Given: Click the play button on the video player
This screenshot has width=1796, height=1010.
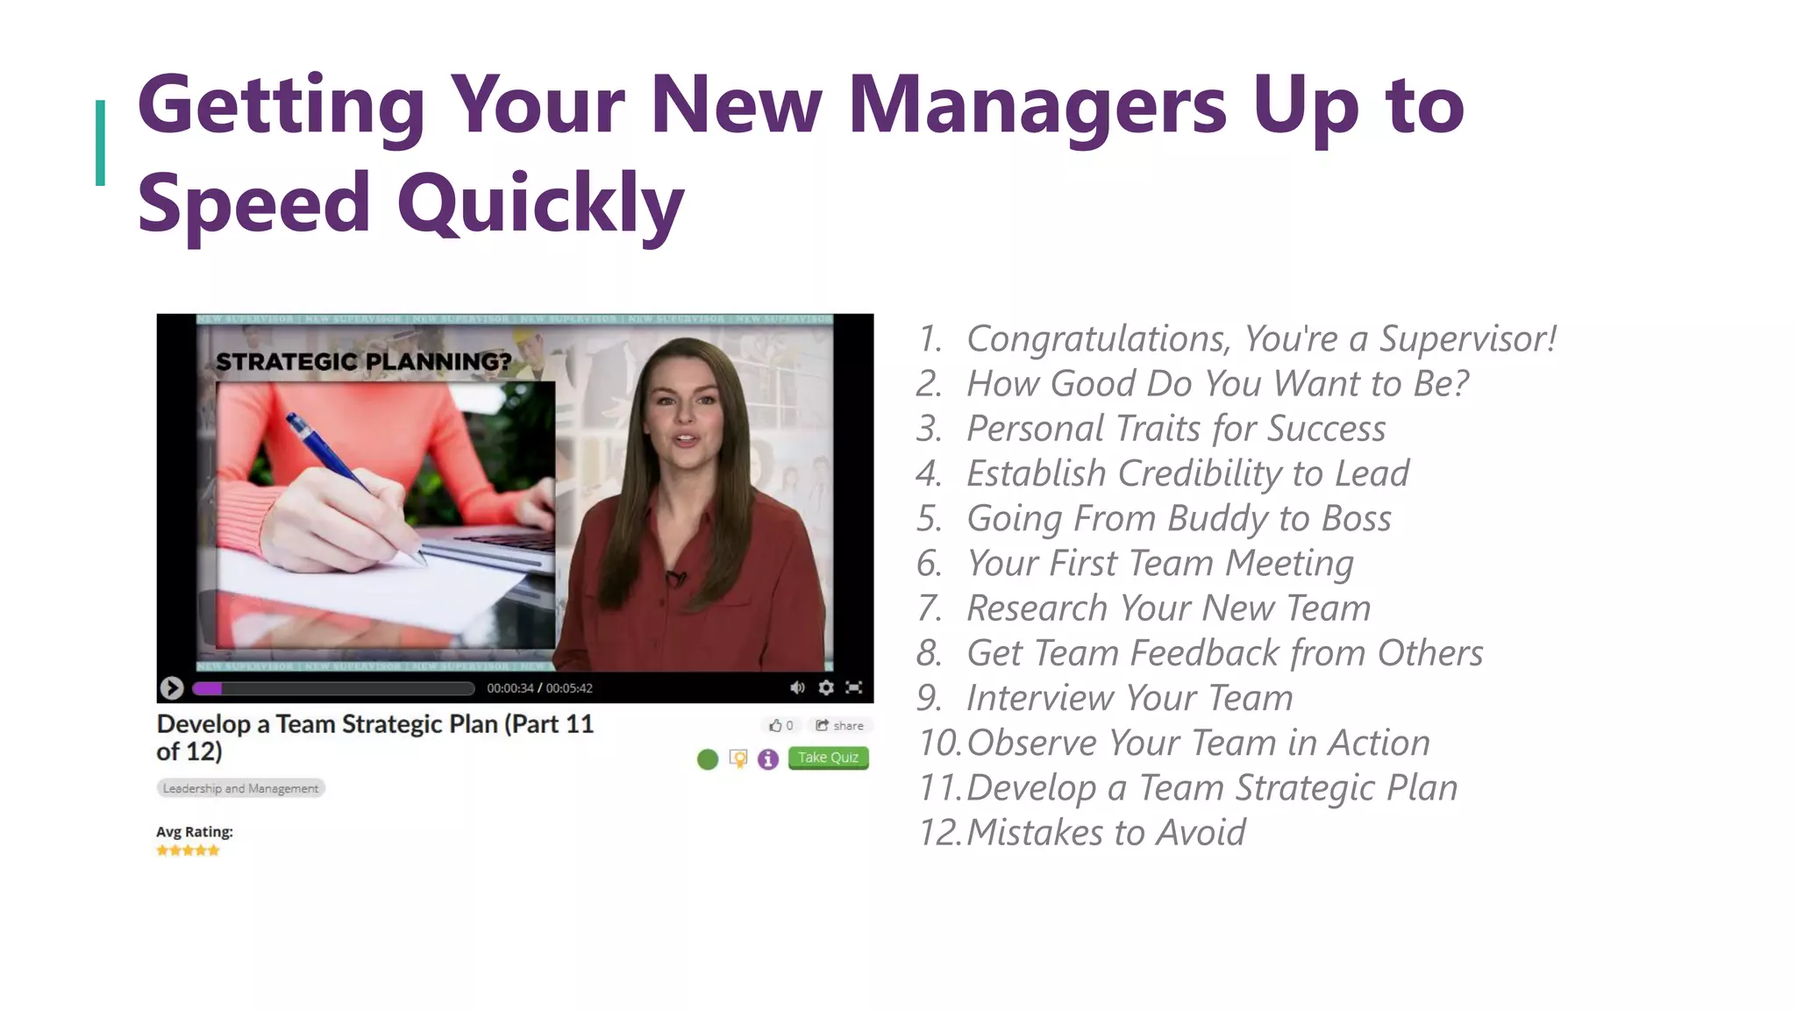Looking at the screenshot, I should pos(172,688).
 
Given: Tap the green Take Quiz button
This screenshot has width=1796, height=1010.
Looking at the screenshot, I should pos(828,757).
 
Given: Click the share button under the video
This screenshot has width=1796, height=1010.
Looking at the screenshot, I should pos(839,725).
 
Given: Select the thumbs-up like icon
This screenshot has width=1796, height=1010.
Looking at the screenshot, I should pos(775,725).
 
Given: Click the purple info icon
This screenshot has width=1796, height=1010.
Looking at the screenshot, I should pos(768,759).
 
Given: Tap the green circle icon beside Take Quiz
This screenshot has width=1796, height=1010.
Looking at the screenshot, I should pos(708,759).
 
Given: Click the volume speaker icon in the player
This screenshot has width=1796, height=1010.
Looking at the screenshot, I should pos(797,687).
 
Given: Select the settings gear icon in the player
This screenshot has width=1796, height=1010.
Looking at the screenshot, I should pos(826,687).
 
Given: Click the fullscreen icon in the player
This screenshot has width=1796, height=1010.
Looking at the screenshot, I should pos(854,687).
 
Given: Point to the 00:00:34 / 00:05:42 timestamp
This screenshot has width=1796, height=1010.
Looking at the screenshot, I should pos(539,688).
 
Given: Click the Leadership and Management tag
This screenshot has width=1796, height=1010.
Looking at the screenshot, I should pos(240,788).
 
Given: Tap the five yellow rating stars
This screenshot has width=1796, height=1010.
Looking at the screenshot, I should pos(188,850).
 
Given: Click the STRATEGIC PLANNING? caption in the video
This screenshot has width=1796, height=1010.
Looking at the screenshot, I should pos(363,361).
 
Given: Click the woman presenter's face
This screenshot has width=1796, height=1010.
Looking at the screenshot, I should pos(684,412).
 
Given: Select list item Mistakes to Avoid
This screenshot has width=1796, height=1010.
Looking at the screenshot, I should pos(1105,832).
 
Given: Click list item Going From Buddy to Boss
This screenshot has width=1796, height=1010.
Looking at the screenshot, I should pos(1178,518).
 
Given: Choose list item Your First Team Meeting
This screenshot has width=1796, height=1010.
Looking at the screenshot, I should pos(1159,563).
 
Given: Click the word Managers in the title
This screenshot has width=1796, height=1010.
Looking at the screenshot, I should pos(1037,105).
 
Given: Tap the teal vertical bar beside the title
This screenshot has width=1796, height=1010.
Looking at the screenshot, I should pos(100,143).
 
